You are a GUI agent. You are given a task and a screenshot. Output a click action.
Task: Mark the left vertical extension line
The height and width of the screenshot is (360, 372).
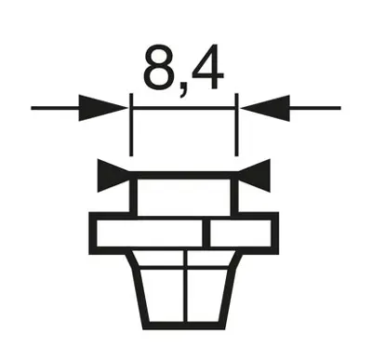[x=131, y=126]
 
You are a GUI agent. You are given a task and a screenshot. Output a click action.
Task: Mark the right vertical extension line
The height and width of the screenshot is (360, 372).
[x=238, y=126]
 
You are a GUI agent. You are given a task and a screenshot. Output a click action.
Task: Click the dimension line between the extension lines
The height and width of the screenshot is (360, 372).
[x=184, y=108]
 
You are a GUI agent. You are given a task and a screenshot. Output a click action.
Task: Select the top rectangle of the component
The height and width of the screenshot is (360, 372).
[x=184, y=194]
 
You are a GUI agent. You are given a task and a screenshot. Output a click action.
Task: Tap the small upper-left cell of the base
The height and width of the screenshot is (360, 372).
[x=159, y=260]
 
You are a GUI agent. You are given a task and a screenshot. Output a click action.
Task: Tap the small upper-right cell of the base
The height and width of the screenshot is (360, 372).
[x=207, y=260]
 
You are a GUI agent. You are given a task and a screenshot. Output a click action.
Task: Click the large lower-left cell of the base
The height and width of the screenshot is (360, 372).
[x=162, y=300]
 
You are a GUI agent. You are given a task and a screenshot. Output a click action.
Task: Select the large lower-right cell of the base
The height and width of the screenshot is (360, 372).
[x=206, y=300]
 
